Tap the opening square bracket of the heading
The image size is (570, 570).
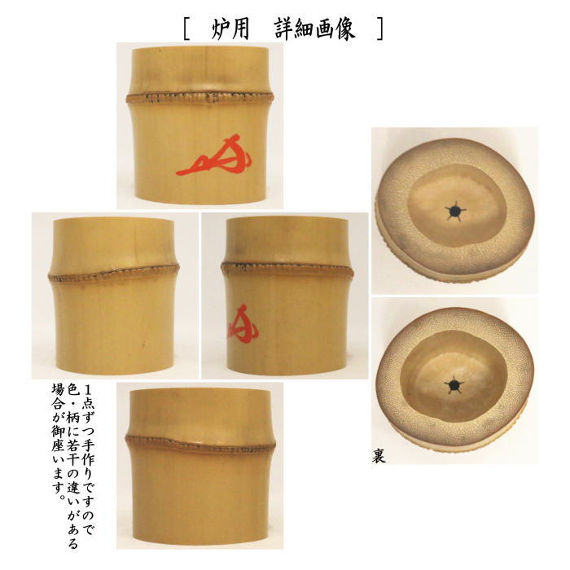(x=187, y=28)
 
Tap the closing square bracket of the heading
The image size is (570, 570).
(x=379, y=28)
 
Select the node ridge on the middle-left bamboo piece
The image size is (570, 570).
(x=115, y=274)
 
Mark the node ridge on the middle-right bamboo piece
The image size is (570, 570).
(x=284, y=268)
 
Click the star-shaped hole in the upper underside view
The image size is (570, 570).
(x=454, y=212)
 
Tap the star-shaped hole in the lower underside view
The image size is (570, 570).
(x=453, y=383)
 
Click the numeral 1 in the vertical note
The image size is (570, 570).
(x=89, y=388)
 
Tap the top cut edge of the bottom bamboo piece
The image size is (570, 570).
(x=199, y=392)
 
